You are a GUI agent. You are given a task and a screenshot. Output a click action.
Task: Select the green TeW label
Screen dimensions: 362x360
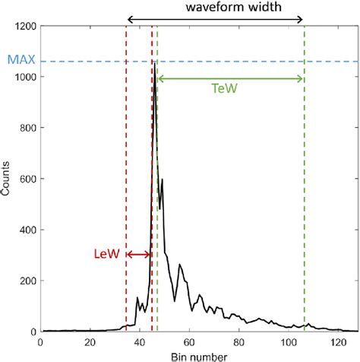231,89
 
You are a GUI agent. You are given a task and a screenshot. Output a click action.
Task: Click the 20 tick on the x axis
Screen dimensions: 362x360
89,342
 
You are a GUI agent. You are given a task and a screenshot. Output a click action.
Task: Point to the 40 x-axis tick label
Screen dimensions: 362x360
138,342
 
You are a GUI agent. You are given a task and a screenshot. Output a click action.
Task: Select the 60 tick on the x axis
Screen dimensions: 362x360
188,342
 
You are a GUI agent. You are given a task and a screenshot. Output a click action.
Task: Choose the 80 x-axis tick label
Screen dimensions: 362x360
238,342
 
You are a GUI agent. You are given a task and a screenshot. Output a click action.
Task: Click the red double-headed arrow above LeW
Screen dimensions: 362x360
139,255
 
